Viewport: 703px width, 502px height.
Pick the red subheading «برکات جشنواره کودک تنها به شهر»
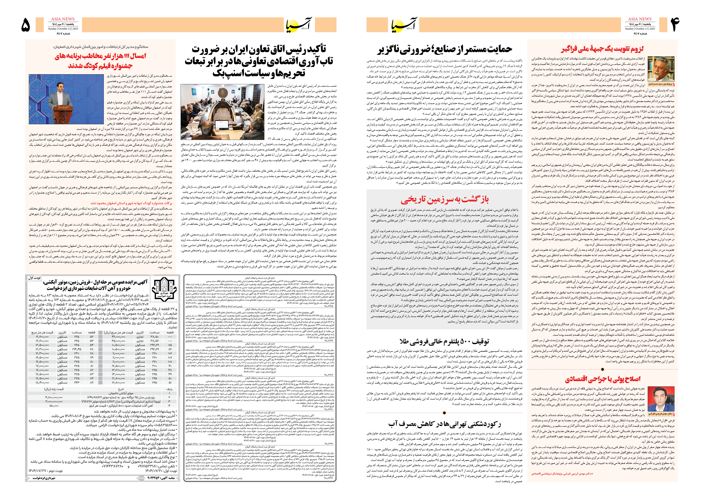point(131,203)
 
